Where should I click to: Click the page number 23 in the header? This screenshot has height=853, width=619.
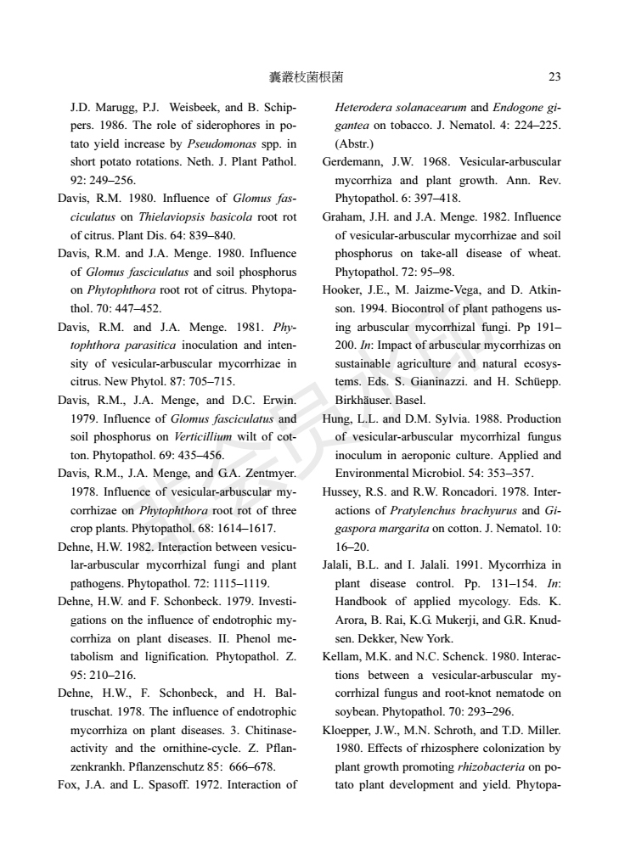coord(554,77)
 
